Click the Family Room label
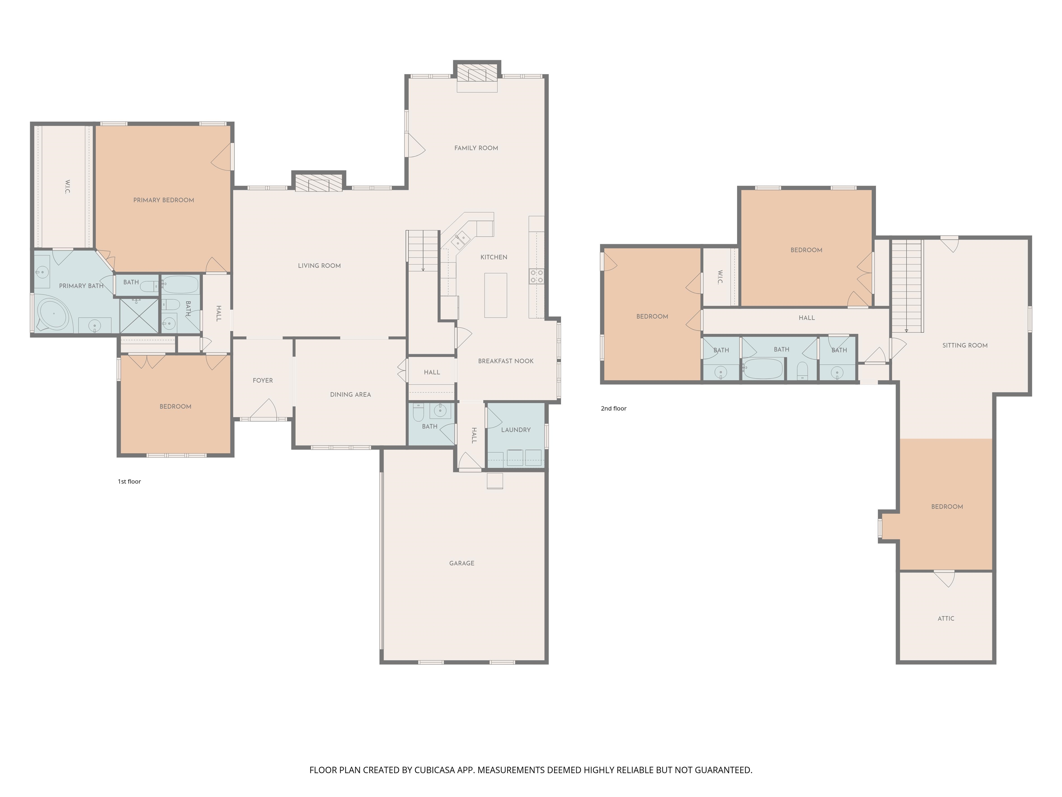[x=476, y=148]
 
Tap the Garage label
[x=462, y=563]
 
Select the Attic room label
[x=946, y=618]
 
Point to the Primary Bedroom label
[x=164, y=200]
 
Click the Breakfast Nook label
[x=505, y=361]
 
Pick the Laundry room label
[x=516, y=430]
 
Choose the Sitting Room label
[x=965, y=345]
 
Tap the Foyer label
[x=263, y=380]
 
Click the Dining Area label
[x=351, y=394]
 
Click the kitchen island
[x=495, y=295]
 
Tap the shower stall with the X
[x=139, y=315]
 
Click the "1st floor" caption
[x=129, y=482]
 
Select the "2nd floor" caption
[x=614, y=408]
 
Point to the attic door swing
[x=945, y=579]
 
